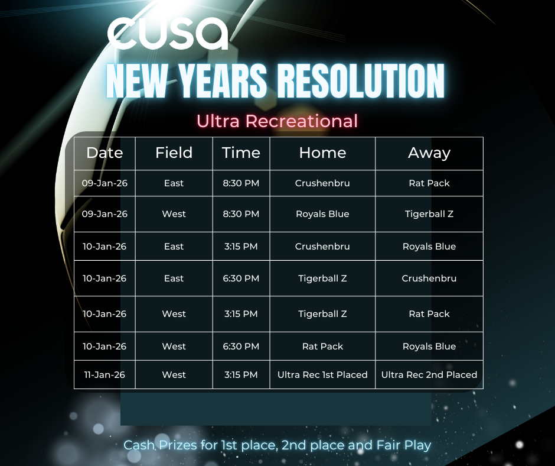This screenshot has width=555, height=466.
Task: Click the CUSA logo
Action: click(x=168, y=33)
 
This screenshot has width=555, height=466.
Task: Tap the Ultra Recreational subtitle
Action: click(x=277, y=121)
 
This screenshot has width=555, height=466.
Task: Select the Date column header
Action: click(x=105, y=153)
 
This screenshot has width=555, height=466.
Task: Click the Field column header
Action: click(x=174, y=153)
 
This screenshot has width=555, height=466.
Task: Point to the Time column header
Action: click(x=241, y=153)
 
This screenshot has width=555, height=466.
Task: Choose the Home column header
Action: click(x=322, y=153)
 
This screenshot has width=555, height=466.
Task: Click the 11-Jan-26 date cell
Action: click(x=105, y=375)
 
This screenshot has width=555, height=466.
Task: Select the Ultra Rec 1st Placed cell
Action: click(x=322, y=375)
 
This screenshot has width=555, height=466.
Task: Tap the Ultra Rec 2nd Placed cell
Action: click(x=429, y=375)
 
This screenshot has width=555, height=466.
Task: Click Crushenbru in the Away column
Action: click(x=429, y=279)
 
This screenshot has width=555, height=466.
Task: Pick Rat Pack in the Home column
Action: click(x=322, y=347)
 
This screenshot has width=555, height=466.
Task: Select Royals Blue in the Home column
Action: click(x=322, y=214)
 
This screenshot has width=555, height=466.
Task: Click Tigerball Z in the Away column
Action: click(x=429, y=214)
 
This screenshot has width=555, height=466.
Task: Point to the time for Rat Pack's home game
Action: click(x=241, y=347)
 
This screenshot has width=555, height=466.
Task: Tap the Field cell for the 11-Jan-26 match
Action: click(x=174, y=375)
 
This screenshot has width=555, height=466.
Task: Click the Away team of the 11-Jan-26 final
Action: click(x=429, y=375)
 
